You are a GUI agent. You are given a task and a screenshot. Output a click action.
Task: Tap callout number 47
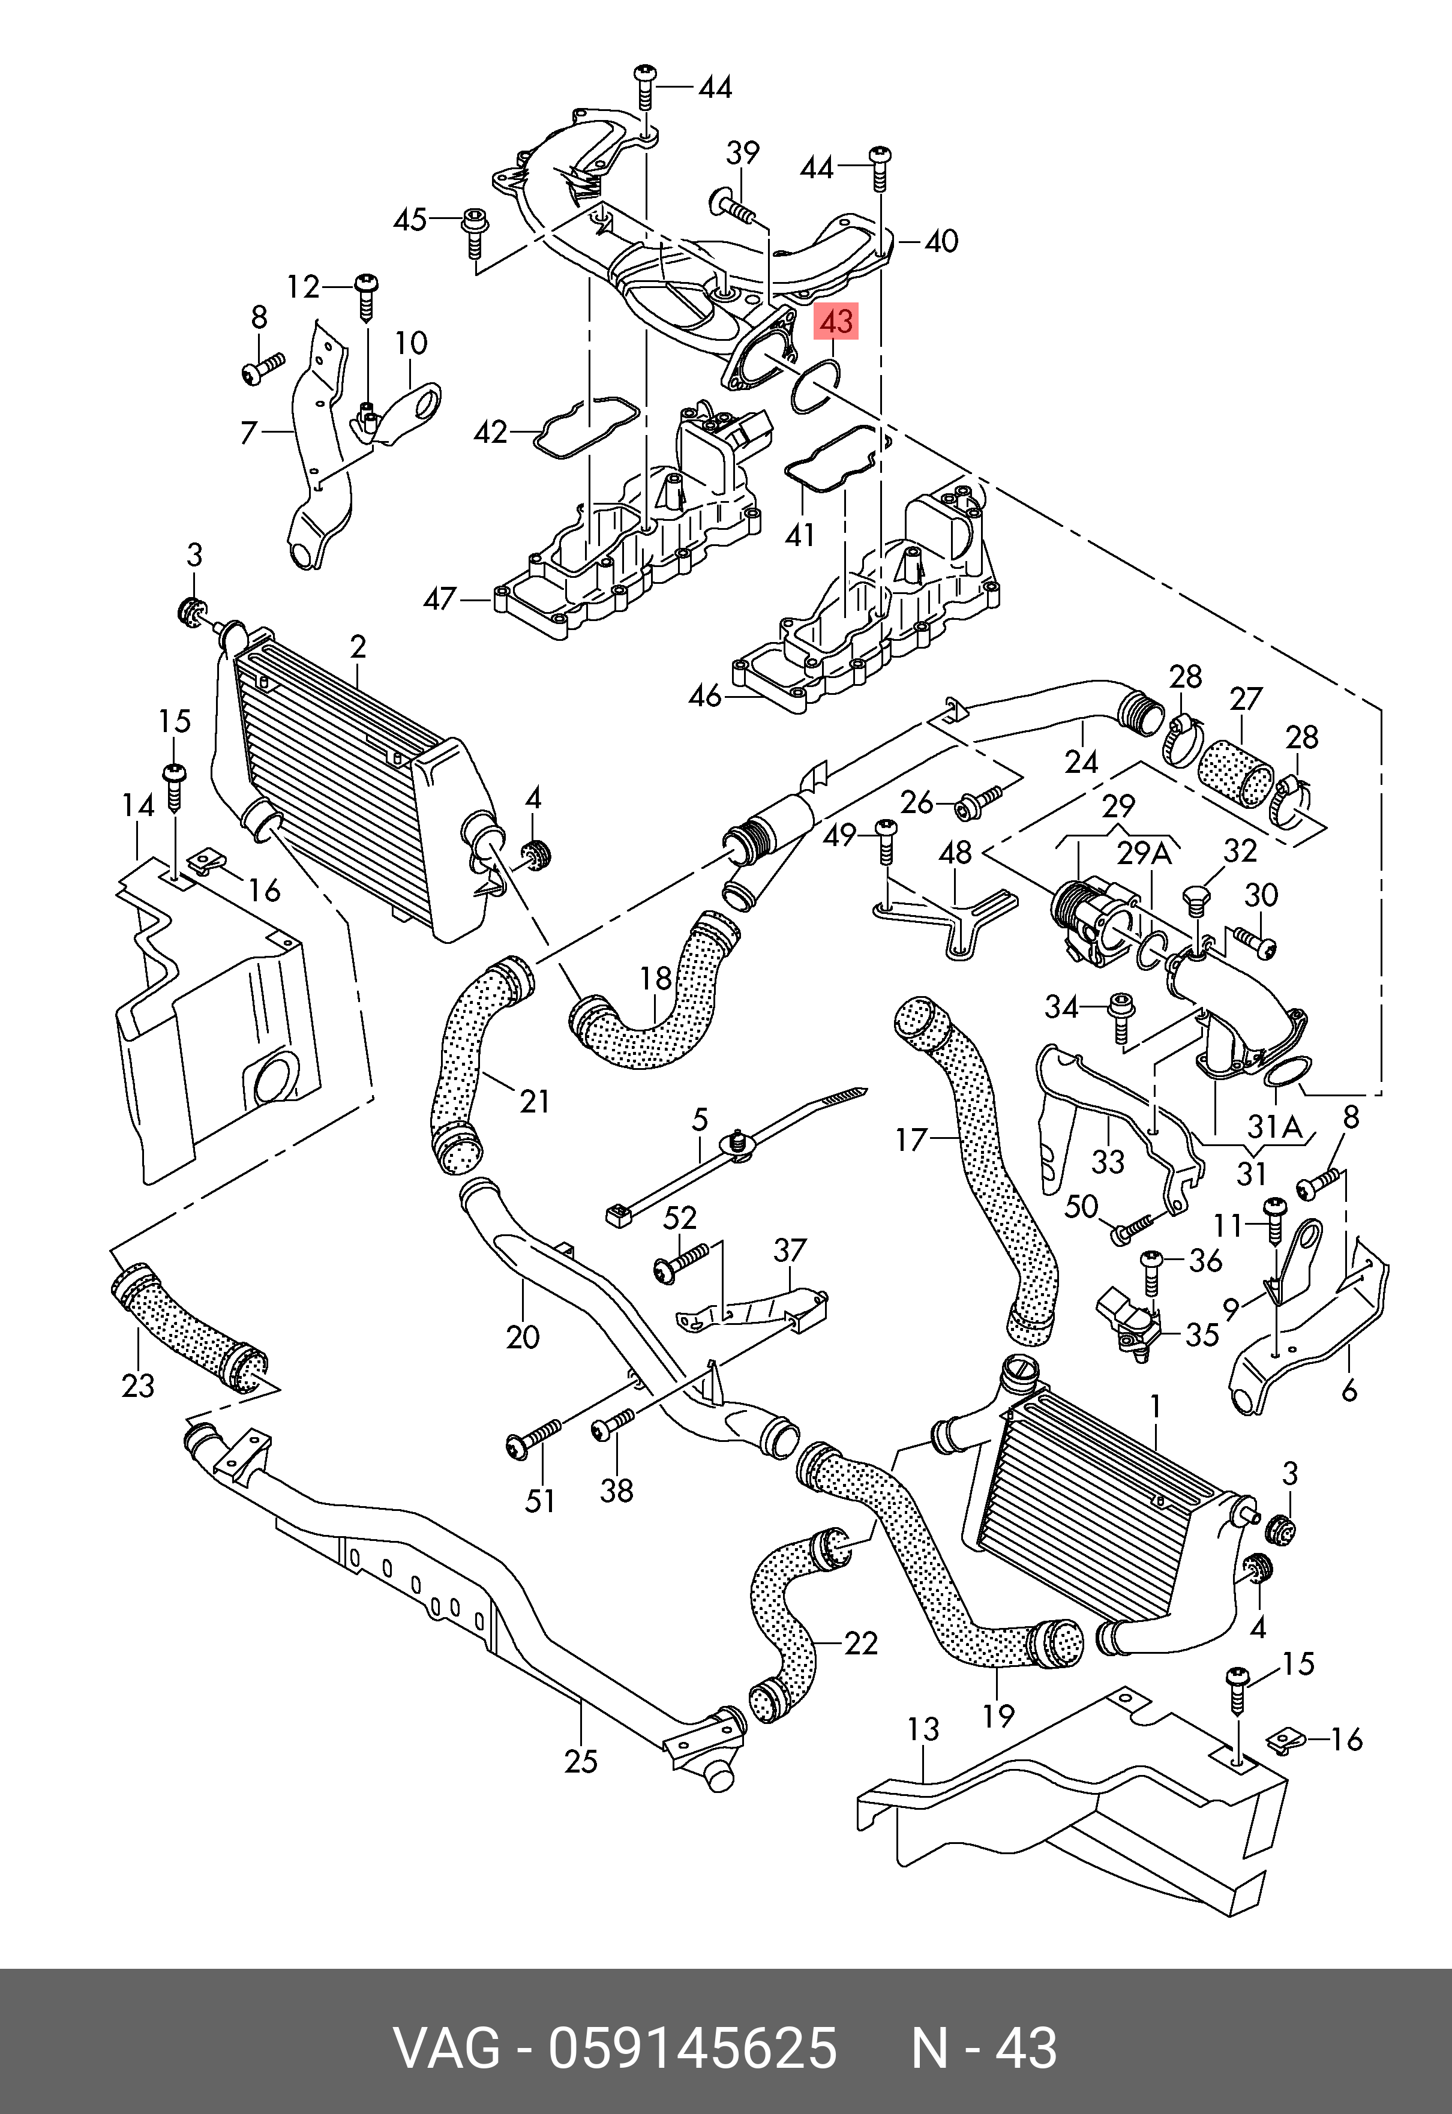pos(440,599)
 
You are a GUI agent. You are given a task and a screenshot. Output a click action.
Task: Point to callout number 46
pos(705,696)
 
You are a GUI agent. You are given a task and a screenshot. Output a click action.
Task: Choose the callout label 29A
pos(1144,854)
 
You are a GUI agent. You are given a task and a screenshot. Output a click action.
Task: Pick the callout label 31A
pos(1274,1127)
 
